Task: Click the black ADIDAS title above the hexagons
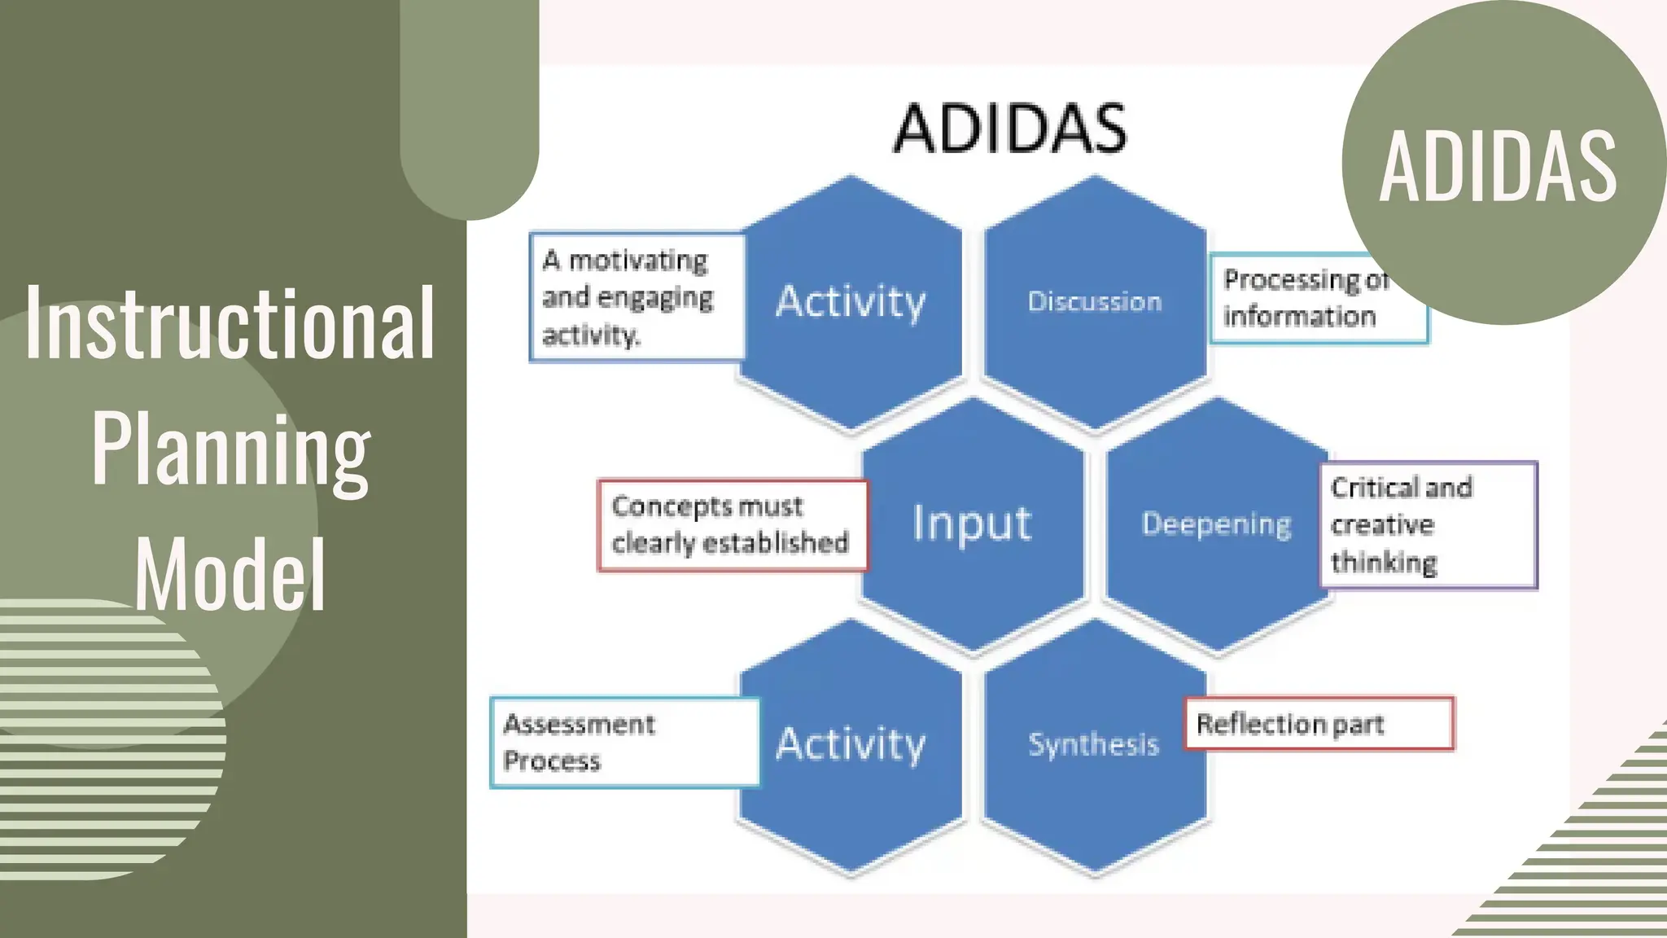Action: (1010, 129)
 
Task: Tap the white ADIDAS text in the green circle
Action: (1499, 167)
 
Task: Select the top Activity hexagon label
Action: (851, 301)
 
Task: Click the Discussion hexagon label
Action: (1095, 301)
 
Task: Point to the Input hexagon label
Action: (972, 524)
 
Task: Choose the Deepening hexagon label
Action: (1216, 524)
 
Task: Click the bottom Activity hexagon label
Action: (851, 743)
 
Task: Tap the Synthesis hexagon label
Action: (1093, 744)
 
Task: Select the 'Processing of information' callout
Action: (1302, 299)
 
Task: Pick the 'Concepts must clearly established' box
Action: (732, 525)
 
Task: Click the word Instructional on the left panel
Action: (230, 324)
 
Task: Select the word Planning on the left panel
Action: (231, 450)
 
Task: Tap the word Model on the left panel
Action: (230, 575)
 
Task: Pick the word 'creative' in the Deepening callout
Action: (1382, 525)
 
